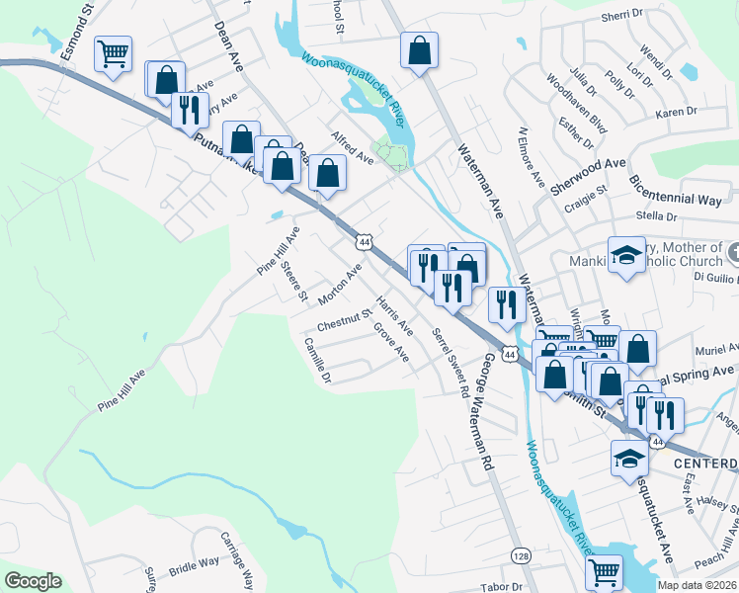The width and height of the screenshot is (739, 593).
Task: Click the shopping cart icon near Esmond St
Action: [114, 53]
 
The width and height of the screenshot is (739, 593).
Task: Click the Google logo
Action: [33, 581]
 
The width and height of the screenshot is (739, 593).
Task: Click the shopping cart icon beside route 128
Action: [603, 572]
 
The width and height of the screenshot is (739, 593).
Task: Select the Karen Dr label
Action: [677, 113]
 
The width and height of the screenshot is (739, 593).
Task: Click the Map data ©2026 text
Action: [696, 585]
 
